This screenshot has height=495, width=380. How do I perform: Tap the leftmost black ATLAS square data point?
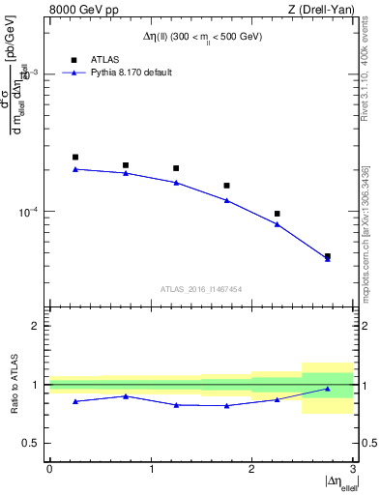(x=75, y=157)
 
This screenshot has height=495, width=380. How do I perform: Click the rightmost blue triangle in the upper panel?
(x=328, y=259)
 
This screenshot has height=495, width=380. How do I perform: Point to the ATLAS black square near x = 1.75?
(x=226, y=186)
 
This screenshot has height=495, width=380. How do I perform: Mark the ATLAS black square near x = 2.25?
(x=277, y=214)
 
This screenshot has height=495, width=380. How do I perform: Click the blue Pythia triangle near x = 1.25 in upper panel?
(x=176, y=183)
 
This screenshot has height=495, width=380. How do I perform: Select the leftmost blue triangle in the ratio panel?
(x=75, y=401)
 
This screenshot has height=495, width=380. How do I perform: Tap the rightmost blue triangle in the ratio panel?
(x=328, y=389)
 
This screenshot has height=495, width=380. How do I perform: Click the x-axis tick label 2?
(x=251, y=468)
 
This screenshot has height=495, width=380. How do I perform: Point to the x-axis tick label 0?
(x=49, y=468)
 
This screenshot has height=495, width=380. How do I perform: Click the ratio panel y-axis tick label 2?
(x=39, y=326)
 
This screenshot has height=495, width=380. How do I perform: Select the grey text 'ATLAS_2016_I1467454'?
(x=200, y=289)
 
